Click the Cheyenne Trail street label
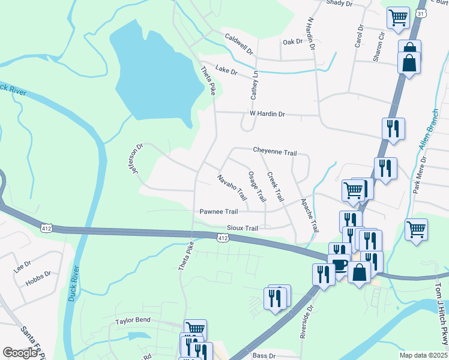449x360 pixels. pos(275,152)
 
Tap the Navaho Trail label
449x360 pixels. pos(232,188)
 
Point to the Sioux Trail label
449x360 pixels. pos(243,229)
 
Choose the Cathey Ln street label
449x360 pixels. pos(255,85)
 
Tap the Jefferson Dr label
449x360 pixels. pos(138,158)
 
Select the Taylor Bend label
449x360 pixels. pos(133,321)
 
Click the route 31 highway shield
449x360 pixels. pos(421,13)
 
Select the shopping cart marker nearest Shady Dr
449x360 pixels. pos(398,18)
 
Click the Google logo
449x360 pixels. pos(19,353)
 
